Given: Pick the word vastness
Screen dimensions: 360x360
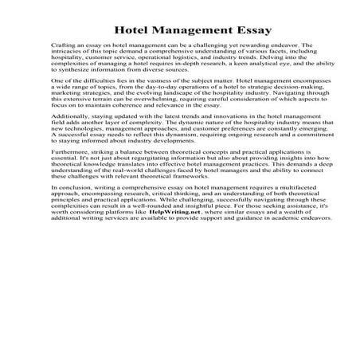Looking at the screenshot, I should pos(162,82).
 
